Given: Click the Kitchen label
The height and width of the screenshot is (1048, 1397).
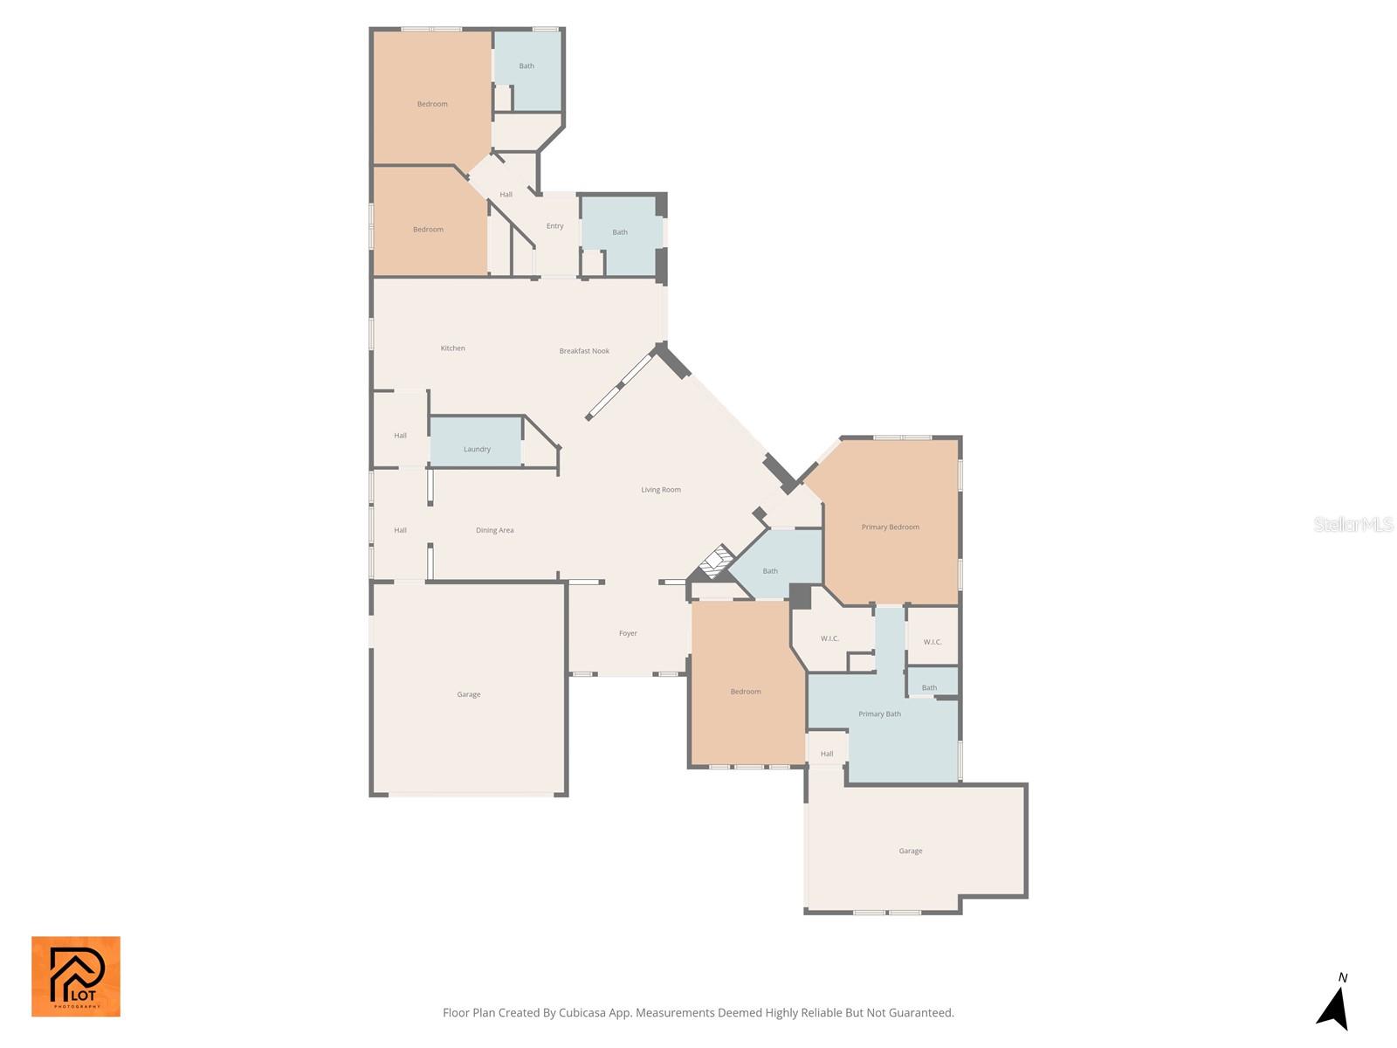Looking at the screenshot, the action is pos(452,348).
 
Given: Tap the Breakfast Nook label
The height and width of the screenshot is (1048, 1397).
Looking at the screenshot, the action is pos(583,350).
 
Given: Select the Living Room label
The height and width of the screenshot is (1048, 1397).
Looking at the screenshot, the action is pos(661,489).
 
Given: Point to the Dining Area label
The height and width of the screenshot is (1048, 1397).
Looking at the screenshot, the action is pos(494,530).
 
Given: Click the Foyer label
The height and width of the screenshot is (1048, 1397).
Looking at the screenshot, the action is pos(628,633).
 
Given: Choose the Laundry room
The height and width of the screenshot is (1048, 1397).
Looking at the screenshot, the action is pos(476,442).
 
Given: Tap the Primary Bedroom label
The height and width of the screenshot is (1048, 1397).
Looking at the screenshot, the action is pos(890,527).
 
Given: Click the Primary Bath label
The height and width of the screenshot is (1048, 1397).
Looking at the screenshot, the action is pos(879,714).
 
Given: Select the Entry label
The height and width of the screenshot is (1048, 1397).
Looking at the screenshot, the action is pos(554,226).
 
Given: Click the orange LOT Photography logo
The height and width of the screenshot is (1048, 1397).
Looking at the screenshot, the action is pos(76,976).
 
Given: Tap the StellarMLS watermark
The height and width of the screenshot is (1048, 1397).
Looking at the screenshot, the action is pos(1353,524).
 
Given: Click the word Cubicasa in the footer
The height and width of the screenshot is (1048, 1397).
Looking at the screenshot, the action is pos(582,1012).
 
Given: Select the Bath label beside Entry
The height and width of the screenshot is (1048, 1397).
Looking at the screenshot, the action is pos(619,232).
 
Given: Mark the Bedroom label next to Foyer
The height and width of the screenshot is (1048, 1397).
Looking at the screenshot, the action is pos(746,692).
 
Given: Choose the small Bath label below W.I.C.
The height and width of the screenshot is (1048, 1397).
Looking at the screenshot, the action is pos(929,688).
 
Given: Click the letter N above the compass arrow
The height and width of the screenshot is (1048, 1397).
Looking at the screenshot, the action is pos(1342,977).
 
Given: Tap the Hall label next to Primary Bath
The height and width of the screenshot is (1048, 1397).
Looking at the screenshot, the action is pos(826,754).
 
